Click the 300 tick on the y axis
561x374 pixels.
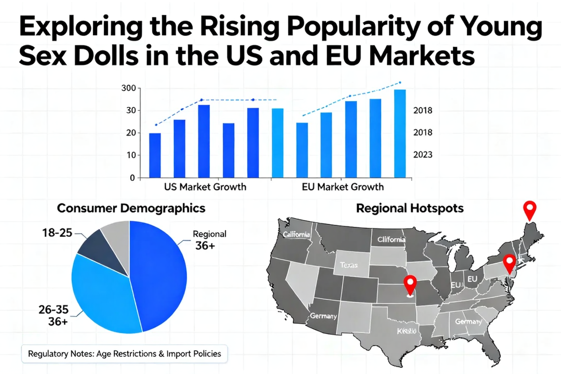[128, 88]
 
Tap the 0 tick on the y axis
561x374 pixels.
[132, 178]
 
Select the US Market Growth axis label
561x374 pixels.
[205, 187]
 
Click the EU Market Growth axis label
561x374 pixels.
[343, 187]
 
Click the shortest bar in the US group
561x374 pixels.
[155, 155]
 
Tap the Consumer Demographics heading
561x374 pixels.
[131, 209]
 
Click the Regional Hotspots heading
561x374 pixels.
[410, 209]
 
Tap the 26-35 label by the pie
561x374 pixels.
[53, 310]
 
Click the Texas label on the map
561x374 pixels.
[349, 265]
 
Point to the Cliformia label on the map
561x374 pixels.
[391, 240]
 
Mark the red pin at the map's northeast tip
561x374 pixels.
[530, 210]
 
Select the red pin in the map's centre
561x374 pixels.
[409, 285]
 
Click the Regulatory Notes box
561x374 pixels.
[125, 353]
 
